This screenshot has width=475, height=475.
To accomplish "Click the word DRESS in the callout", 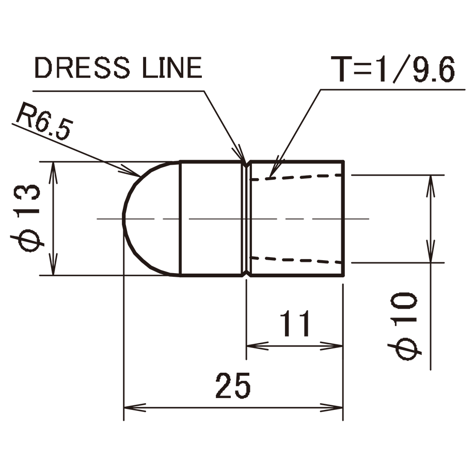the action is click(83, 68).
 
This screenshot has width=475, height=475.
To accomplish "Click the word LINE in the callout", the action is click(172, 68).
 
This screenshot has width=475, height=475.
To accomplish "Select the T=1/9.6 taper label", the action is click(393, 69).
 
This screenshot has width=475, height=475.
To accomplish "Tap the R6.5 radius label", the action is click(44, 121).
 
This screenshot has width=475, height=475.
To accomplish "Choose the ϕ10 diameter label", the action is click(404, 326).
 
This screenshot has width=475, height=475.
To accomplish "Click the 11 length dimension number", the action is click(295, 324).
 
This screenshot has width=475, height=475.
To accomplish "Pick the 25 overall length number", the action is click(233, 386).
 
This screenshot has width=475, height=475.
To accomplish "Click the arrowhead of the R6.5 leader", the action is click(131, 171).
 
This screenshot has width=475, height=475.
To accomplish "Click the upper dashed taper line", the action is click(296, 177).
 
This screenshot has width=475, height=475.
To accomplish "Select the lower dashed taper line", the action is click(296, 259).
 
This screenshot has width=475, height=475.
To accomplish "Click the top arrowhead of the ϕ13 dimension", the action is click(53, 172).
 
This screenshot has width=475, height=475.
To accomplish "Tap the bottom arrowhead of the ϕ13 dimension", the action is click(53, 265).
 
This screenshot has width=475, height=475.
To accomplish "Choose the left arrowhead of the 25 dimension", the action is click(135, 407).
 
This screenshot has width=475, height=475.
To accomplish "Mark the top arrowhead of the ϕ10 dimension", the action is click(431, 186).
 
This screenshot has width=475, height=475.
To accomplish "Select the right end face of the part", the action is click(343, 218).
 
